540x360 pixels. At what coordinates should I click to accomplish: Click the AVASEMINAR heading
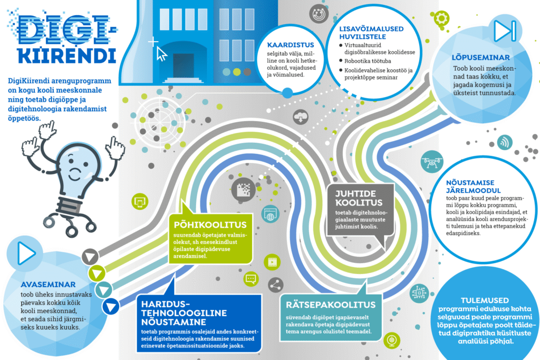pos(48,285)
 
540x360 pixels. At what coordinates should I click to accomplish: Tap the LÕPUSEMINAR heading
pos(481,57)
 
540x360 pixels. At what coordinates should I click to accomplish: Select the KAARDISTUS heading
pos(291,45)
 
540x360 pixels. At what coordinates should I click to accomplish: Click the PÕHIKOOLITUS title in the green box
pos(210,225)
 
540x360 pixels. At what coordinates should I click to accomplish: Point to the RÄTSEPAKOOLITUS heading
pos(331,305)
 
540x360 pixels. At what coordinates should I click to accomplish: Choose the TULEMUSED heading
pos(485,300)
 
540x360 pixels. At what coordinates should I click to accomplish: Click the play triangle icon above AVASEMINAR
pos(26,254)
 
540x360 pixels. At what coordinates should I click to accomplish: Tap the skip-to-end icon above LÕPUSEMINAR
pos(505,31)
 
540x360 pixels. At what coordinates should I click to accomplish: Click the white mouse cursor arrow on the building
pos(161,54)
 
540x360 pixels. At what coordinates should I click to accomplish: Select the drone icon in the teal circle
pos(432,161)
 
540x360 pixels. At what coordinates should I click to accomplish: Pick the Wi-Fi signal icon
pos(505,142)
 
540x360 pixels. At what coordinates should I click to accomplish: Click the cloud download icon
pos(301,117)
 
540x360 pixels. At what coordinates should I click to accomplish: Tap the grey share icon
pos(275,285)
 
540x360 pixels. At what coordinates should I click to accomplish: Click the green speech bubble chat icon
pos(250,278)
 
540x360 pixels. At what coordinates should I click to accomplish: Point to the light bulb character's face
pos(76,167)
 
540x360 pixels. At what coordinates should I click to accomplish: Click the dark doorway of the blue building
pos(183,65)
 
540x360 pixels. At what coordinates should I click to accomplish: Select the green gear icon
pos(441,18)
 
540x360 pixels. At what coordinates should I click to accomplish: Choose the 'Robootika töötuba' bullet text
pos(368,61)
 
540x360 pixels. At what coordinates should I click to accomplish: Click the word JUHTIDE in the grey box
pos(355,194)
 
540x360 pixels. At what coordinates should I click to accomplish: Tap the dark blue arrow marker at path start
pos(111,306)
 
